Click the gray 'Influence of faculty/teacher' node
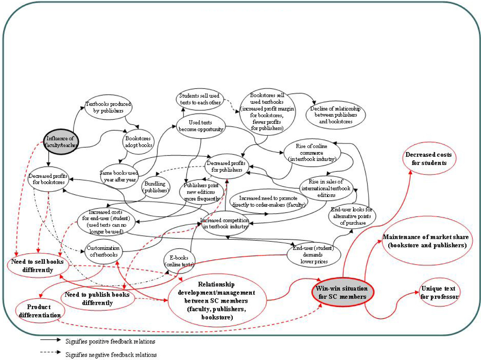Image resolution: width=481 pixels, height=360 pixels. (61, 142)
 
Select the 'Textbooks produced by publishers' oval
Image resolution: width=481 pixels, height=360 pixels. (108, 107)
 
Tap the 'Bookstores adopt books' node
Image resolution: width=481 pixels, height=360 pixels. (139, 142)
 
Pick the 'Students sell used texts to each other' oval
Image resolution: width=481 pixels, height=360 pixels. (200, 99)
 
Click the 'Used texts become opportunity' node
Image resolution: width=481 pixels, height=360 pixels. (201, 126)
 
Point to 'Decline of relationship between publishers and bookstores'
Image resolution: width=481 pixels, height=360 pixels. (336, 115)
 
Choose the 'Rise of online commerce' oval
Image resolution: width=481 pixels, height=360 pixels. (312, 152)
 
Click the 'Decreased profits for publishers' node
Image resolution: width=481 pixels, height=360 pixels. (227, 166)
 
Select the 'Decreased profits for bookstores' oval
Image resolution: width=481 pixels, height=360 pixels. (48, 179)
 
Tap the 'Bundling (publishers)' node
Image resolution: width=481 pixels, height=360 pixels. (155, 187)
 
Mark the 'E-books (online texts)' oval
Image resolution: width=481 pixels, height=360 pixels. (179, 261)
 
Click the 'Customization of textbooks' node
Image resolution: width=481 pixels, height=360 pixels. (104, 251)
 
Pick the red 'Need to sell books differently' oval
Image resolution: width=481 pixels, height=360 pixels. (37, 266)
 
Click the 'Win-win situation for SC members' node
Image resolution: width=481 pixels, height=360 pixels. (342, 292)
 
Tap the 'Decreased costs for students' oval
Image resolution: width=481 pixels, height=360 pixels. (429, 159)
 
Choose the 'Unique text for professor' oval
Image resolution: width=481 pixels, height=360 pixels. (439, 292)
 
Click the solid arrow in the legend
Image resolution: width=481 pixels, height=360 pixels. (50, 340)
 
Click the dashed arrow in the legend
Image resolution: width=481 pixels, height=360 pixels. (50, 352)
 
